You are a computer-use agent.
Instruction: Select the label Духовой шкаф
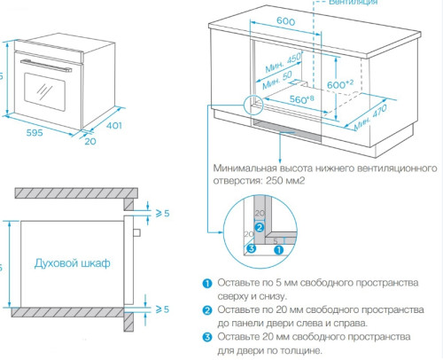[x=72, y=263]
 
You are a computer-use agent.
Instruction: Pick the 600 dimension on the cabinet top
[x=285, y=21]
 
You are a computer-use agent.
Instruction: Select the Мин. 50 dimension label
[x=283, y=79]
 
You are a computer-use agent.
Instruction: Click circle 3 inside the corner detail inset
[x=251, y=249]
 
